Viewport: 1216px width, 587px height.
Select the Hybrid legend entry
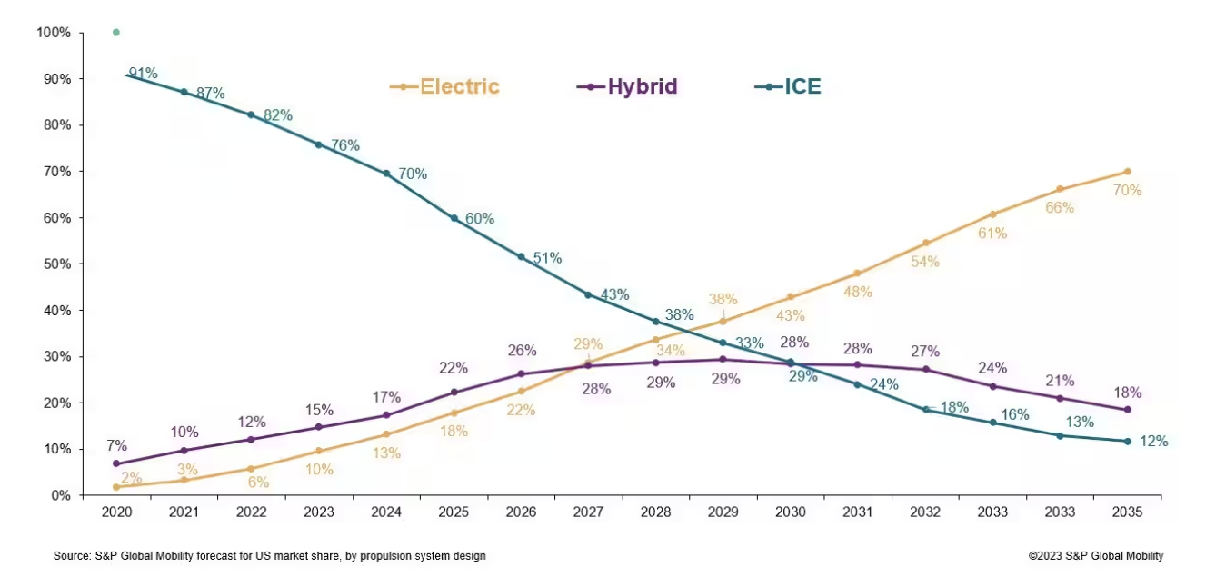pyautogui.click(x=628, y=87)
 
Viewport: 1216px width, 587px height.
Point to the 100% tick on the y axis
pyautogui.click(x=54, y=33)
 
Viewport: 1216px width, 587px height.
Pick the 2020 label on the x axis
pyautogui.click(x=117, y=512)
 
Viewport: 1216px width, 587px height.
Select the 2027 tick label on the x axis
pyautogui.click(x=589, y=512)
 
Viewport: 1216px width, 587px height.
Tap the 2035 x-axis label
pyautogui.click(x=1128, y=512)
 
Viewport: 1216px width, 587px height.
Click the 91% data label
pyautogui.click(x=143, y=73)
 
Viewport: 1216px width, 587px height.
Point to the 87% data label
pyautogui.click(x=210, y=93)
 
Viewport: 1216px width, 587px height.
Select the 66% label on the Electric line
pyautogui.click(x=1059, y=207)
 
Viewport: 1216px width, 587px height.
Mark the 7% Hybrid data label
pyautogui.click(x=116, y=446)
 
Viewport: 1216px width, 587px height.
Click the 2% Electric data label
pyautogui.click(x=132, y=479)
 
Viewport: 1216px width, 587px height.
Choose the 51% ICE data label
pyautogui.click(x=547, y=258)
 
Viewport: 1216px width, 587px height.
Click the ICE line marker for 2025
pyautogui.click(x=454, y=218)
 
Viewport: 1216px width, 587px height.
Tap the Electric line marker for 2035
pyautogui.click(x=1127, y=172)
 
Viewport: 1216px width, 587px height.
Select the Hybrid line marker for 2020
pyautogui.click(x=117, y=463)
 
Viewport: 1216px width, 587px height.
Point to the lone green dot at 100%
pyautogui.click(x=115, y=33)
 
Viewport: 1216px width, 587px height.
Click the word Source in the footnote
pyautogui.click(x=71, y=556)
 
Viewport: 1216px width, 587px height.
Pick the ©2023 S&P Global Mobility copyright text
pyautogui.click(x=1095, y=556)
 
